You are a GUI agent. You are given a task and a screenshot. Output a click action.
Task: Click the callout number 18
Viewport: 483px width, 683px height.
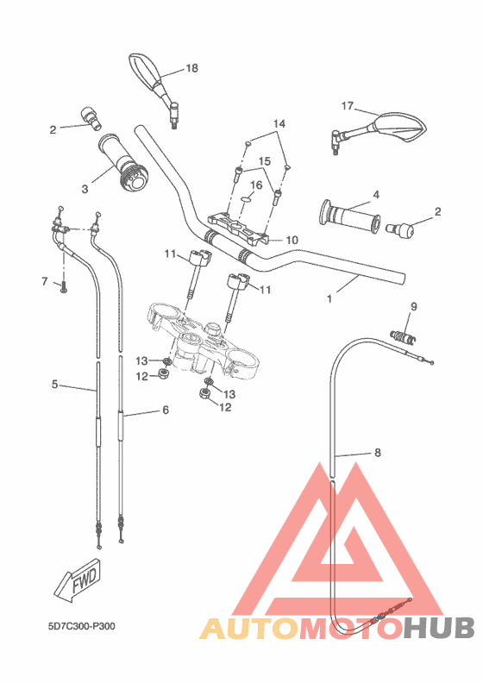(191, 67)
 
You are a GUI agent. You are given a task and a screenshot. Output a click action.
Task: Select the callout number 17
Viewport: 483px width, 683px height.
(348, 106)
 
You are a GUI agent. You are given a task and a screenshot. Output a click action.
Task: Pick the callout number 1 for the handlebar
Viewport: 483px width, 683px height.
(329, 299)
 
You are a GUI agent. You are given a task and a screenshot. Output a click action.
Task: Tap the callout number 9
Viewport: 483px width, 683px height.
(413, 306)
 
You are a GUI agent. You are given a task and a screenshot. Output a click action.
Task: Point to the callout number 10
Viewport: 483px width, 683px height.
(292, 240)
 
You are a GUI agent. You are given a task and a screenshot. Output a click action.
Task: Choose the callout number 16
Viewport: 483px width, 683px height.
(257, 185)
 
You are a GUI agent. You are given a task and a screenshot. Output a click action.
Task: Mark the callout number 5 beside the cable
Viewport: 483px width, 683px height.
(55, 385)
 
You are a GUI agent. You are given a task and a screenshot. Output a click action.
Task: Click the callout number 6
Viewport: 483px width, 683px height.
(166, 410)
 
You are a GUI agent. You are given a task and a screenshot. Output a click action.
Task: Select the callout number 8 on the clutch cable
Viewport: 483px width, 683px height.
(376, 451)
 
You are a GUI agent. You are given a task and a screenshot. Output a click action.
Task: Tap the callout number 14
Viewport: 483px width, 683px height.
(278, 124)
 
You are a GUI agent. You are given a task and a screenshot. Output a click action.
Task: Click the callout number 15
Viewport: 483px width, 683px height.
(266, 161)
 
